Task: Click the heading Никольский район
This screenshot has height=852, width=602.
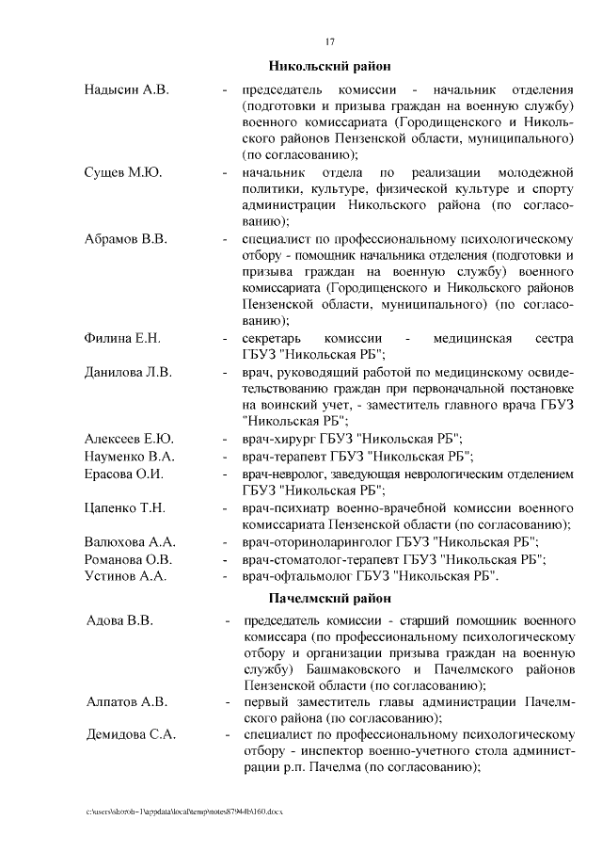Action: click(329, 66)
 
